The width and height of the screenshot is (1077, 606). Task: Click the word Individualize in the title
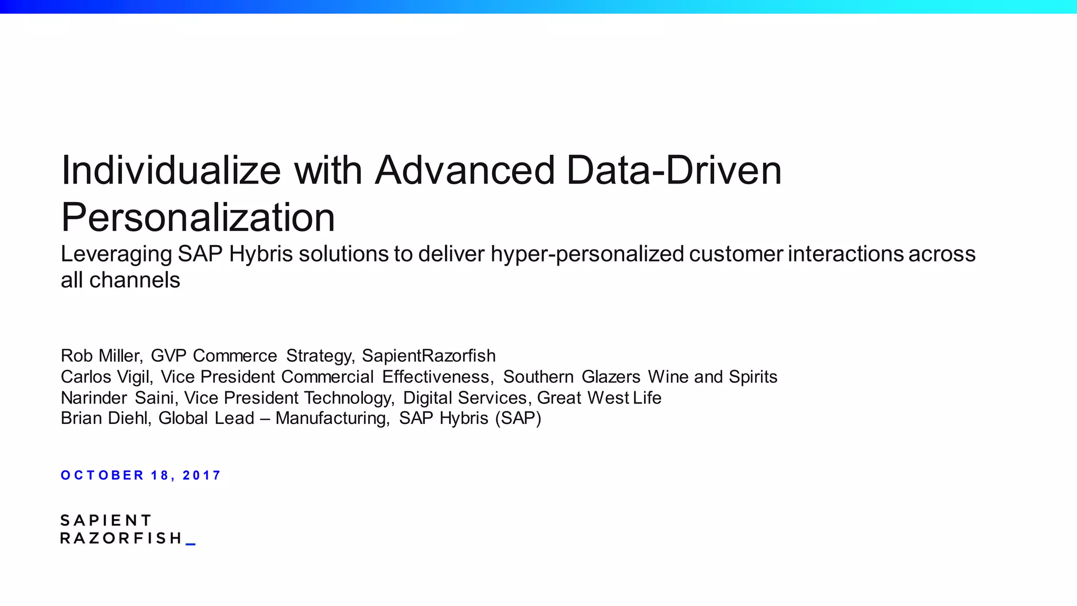coord(171,170)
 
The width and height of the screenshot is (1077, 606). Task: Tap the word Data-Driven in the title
coord(674,170)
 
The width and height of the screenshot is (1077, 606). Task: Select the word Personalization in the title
coord(198,217)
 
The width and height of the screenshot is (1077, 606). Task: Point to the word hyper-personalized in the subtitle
coord(587,254)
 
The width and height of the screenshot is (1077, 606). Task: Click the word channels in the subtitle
coord(135,280)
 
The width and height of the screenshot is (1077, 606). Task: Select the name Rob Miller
coord(101,356)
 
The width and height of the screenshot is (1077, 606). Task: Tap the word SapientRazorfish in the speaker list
coord(429,356)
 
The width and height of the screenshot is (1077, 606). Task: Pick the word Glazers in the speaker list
coord(611,377)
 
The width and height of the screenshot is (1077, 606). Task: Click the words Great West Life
coord(599,398)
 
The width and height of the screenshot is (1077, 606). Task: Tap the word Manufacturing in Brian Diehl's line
coord(332,419)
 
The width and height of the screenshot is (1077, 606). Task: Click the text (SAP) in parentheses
coord(518,418)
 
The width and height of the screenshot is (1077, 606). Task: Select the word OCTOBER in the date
coord(102,476)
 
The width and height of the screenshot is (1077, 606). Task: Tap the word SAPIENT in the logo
coord(106,521)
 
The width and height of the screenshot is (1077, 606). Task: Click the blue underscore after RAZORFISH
coord(191,543)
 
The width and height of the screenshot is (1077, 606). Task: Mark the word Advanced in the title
coord(465,170)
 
